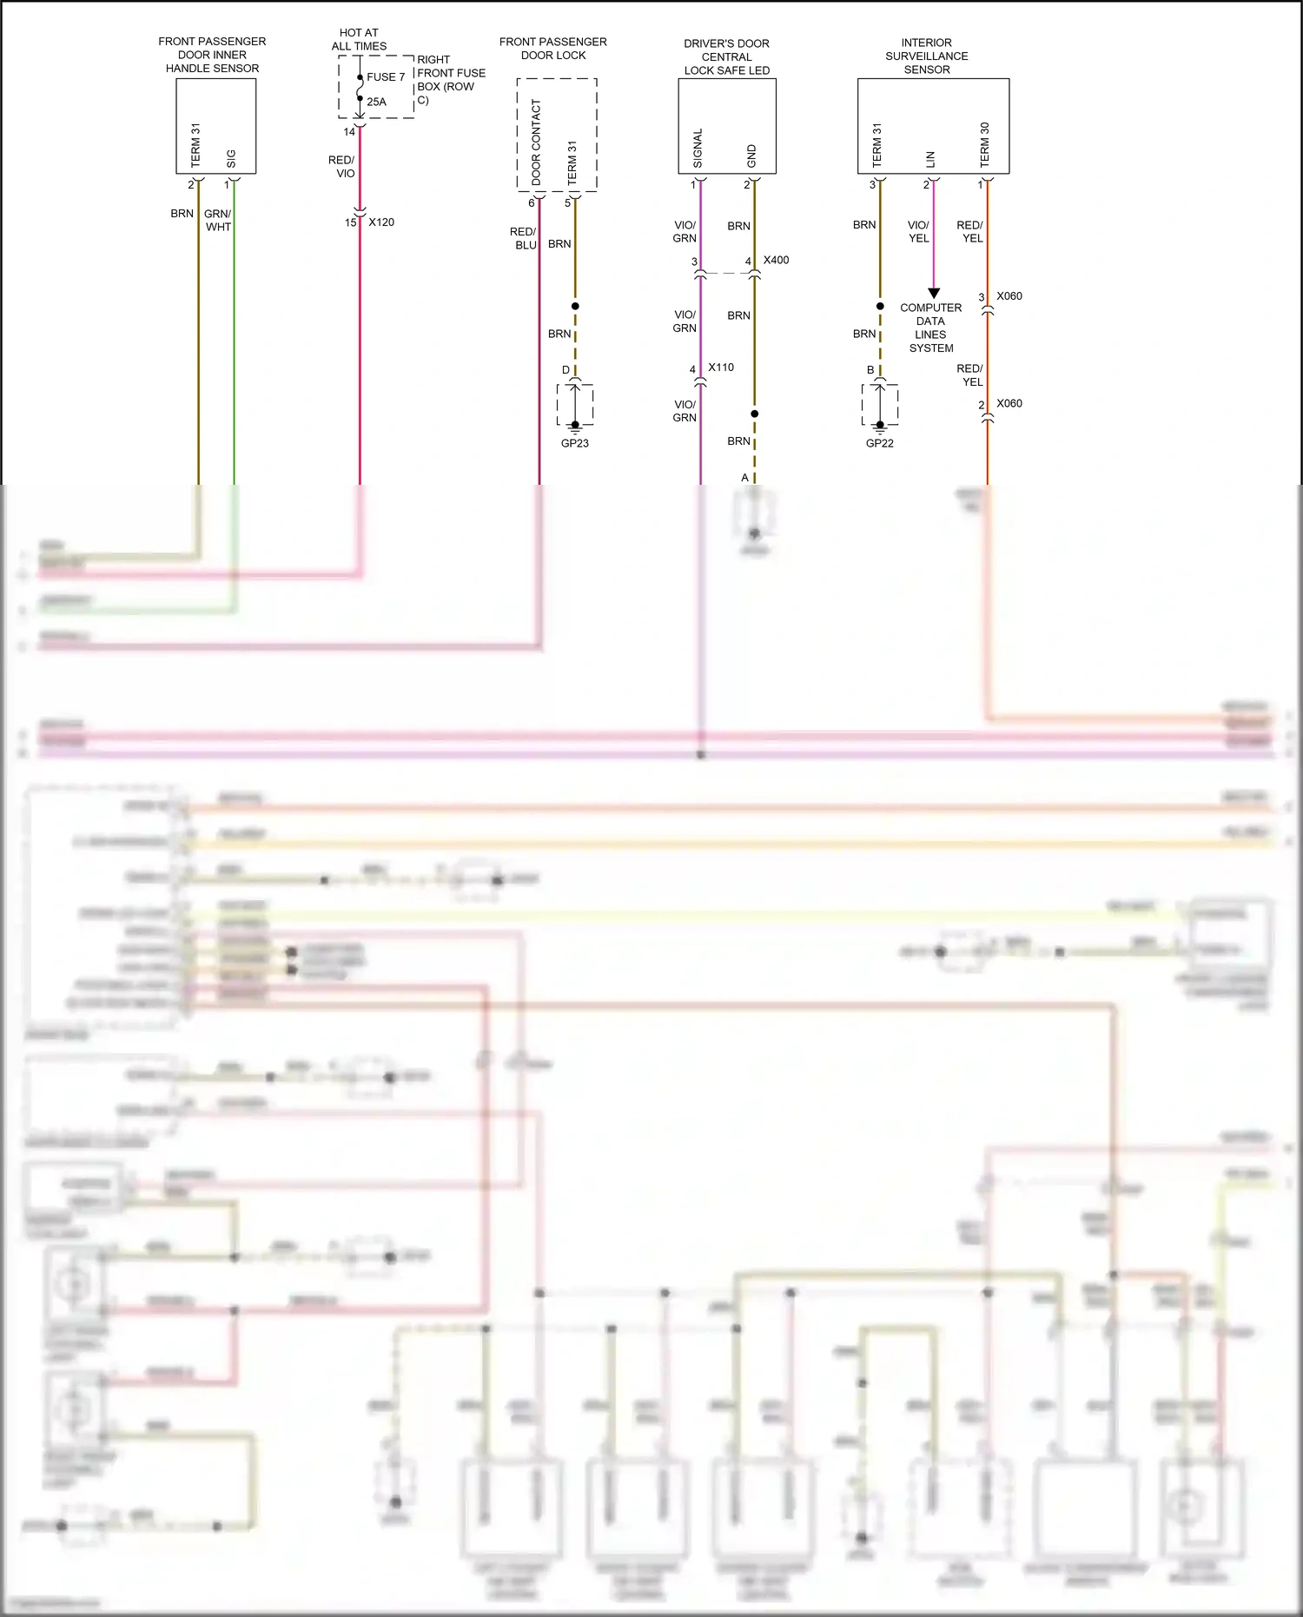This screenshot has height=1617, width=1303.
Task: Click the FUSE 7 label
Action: (386, 77)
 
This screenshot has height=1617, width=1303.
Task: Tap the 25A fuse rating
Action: (376, 102)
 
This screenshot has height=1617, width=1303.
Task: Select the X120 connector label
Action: (381, 222)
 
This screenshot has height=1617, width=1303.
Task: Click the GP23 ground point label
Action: (575, 443)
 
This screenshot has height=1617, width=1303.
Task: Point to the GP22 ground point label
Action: (880, 443)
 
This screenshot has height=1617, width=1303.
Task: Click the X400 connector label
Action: (776, 260)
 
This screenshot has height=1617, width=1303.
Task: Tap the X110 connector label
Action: (721, 368)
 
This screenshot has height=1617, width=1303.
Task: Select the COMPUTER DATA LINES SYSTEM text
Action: (931, 328)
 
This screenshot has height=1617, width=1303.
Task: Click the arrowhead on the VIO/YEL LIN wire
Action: (934, 294)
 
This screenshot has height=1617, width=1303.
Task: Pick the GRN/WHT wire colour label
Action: (218, 220)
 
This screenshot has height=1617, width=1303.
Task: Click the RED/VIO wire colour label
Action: (342, 167)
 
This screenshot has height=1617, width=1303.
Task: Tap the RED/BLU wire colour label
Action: (523, 238)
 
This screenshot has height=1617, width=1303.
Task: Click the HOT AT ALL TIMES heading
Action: (359, 40)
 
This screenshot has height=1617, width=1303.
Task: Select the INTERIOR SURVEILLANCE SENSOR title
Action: (927, 56)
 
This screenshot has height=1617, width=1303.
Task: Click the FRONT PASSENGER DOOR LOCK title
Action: (553, 49)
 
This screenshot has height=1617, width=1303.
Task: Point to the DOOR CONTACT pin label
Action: (536, 142)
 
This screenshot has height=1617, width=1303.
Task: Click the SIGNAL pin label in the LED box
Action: (698, 149)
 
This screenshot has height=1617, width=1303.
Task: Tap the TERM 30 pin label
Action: (984, 144)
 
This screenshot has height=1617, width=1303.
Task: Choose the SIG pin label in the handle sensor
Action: (231, 159)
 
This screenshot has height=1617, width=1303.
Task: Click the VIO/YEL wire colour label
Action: (918, 231)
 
